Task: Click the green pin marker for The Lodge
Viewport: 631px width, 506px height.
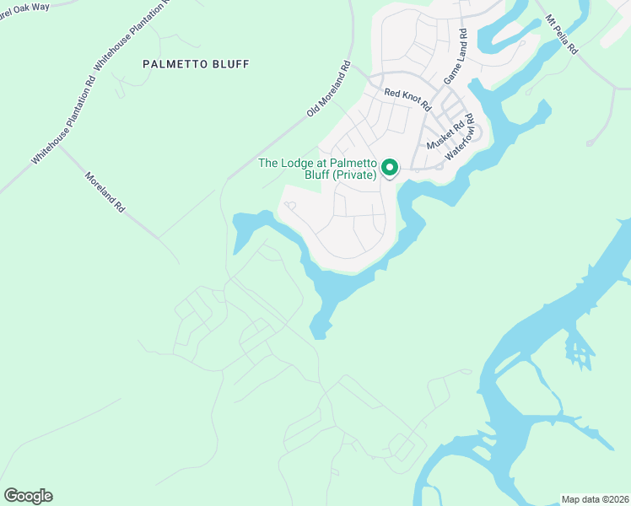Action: coord(390,169)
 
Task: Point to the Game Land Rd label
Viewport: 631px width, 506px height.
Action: coord(454,57)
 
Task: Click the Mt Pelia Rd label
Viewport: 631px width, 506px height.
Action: coord(561,34)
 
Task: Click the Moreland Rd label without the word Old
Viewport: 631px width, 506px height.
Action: coord(105,192)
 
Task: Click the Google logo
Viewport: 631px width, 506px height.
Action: coord(28,496)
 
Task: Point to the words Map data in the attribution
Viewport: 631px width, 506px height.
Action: coord(580,498)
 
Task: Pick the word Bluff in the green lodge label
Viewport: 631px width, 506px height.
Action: coord(313,175)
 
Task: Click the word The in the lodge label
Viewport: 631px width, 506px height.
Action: coord(268,163)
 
